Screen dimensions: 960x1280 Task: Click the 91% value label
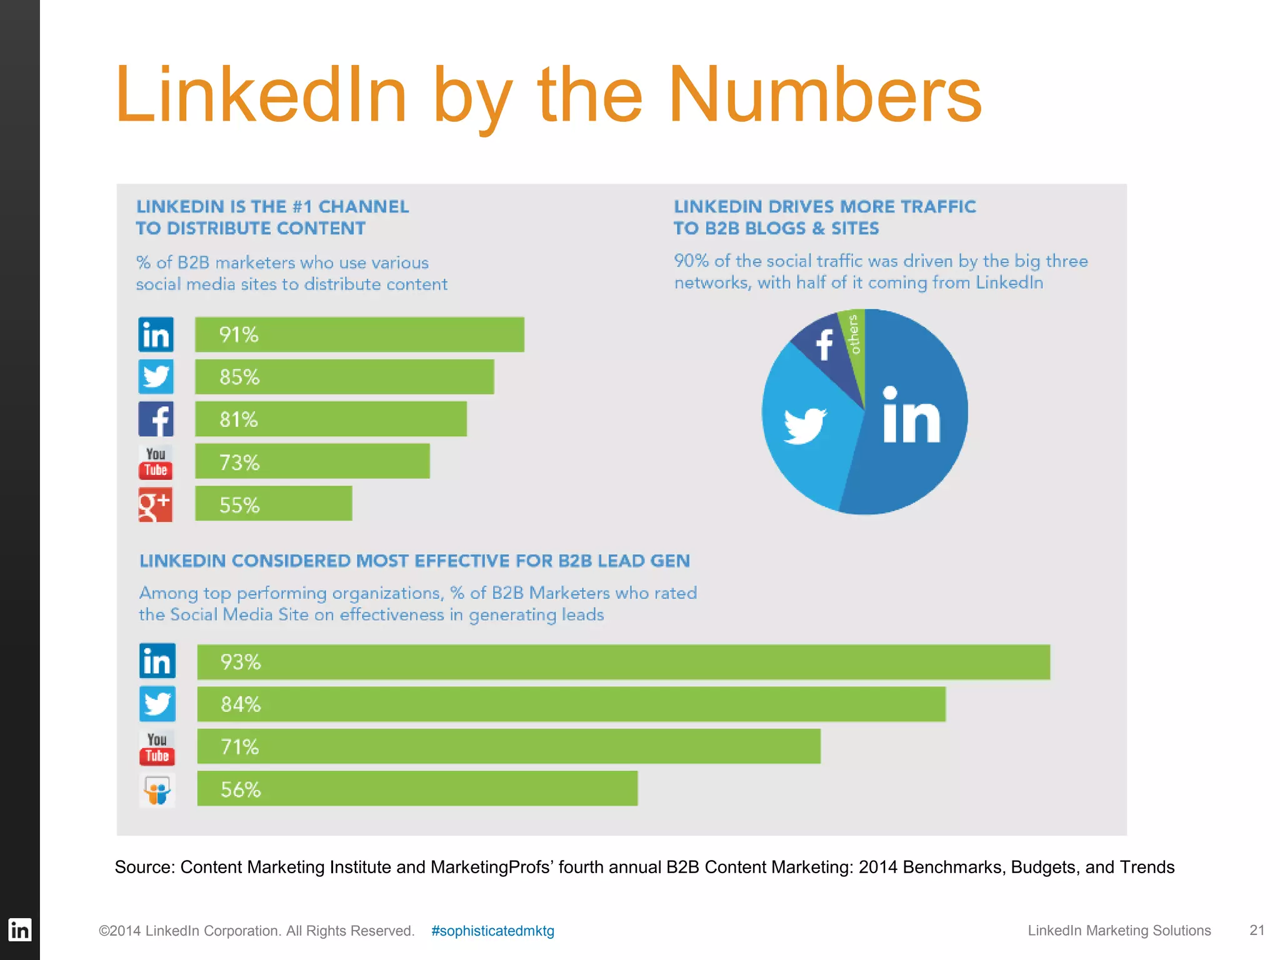click(239, 335)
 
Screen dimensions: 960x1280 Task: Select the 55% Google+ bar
click(274, 504)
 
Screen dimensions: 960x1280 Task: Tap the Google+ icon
click(155, 504)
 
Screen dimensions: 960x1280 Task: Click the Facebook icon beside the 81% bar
click(156, 419)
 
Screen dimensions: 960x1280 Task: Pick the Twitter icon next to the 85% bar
click(156, 377)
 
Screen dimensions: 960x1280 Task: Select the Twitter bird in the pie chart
click(805, 425)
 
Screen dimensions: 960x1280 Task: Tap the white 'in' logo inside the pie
click(911, 417)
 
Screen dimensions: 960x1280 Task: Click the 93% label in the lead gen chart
click(241, 662)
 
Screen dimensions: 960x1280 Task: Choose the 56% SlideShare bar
click(417, 789)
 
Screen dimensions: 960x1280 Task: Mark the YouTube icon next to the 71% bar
click(157, 747)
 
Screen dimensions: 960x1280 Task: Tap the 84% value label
click(241, 705)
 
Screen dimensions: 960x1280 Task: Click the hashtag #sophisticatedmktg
click(492, 931)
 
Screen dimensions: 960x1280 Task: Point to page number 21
click(1256, 931)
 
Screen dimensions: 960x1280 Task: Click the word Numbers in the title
click(825, 95)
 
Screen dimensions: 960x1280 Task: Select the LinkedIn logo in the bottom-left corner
click(19, 930)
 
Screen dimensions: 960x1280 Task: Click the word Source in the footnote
click(144, 867)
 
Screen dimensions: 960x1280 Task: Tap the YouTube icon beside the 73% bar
click(156, 462)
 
